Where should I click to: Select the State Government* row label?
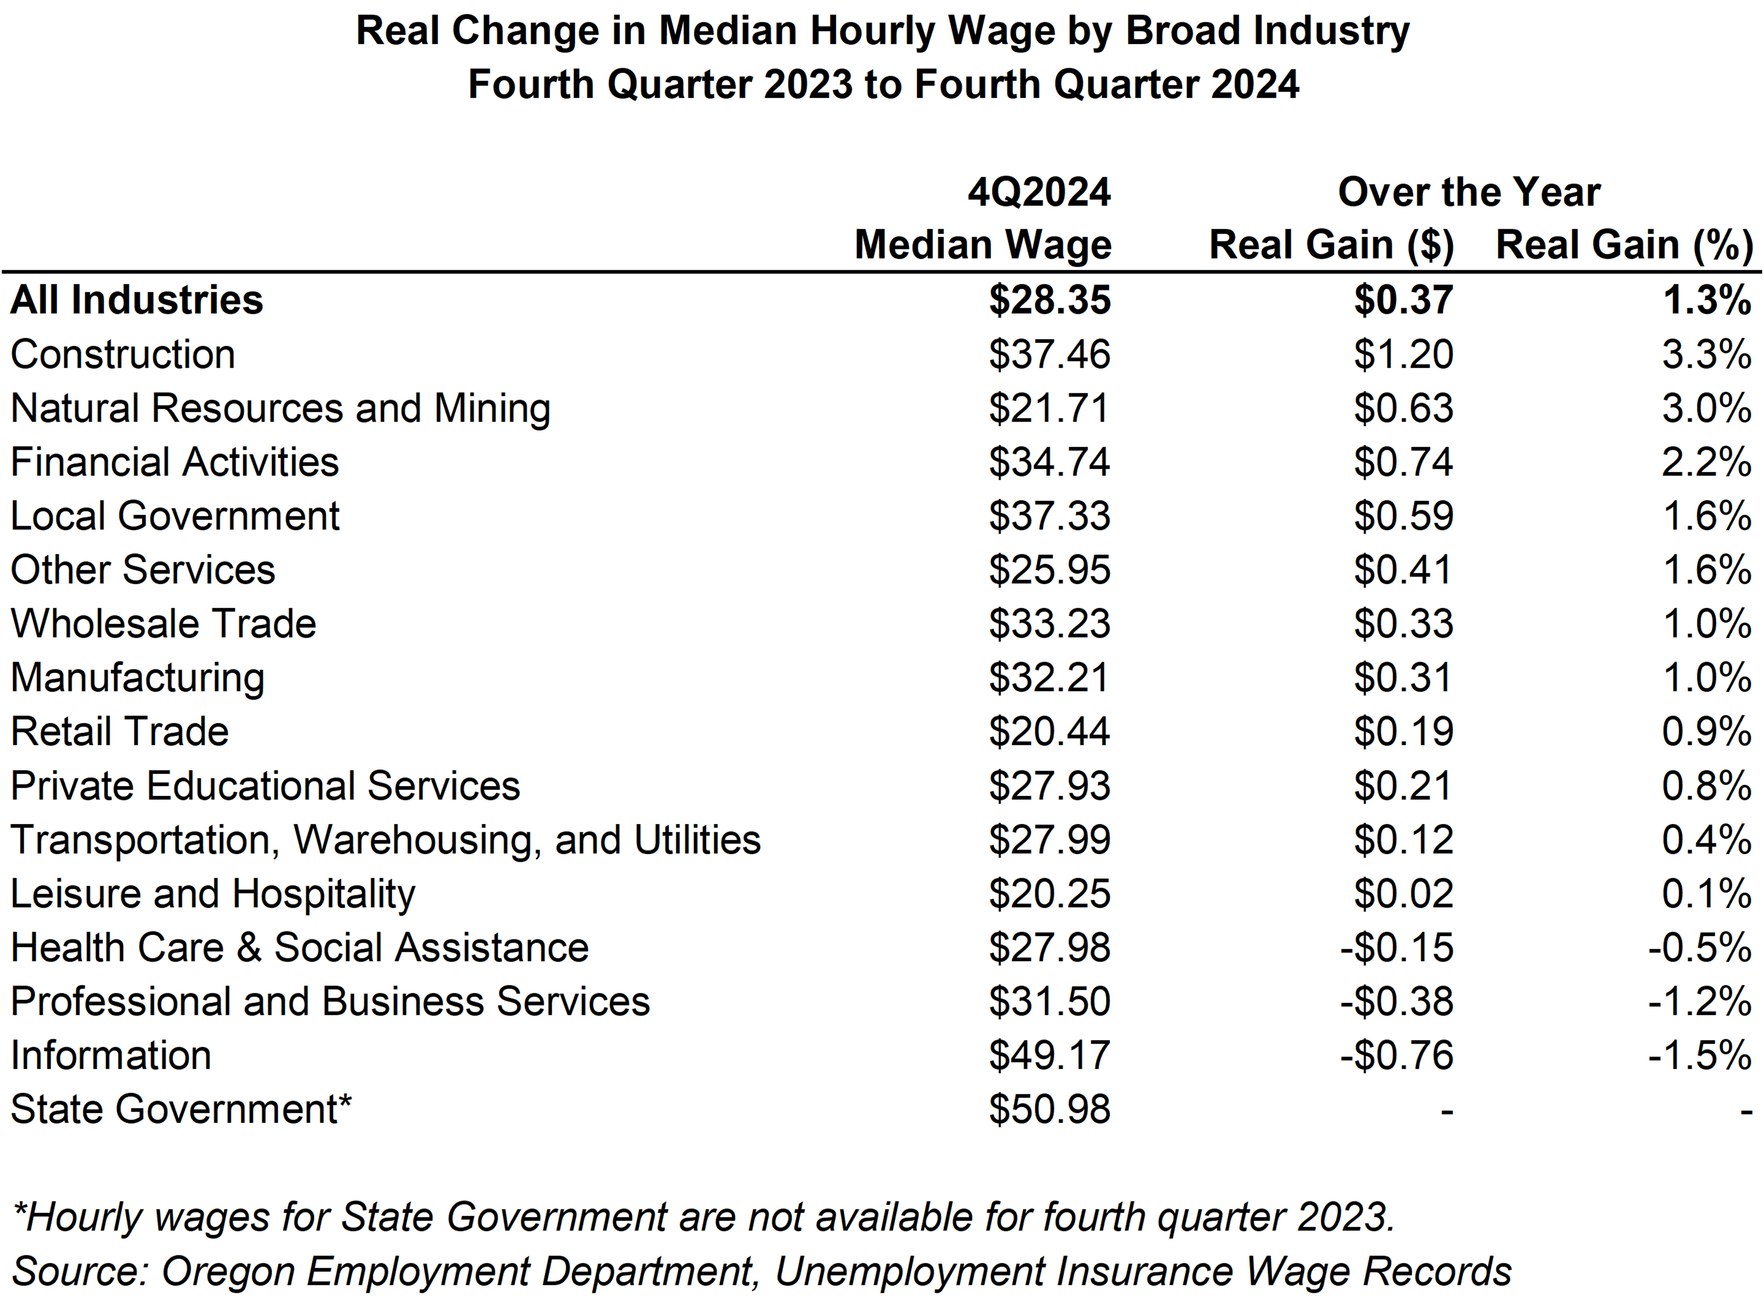pos(181,1109)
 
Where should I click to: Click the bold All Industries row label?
pos(137,300)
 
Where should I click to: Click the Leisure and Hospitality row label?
pos(212,894)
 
